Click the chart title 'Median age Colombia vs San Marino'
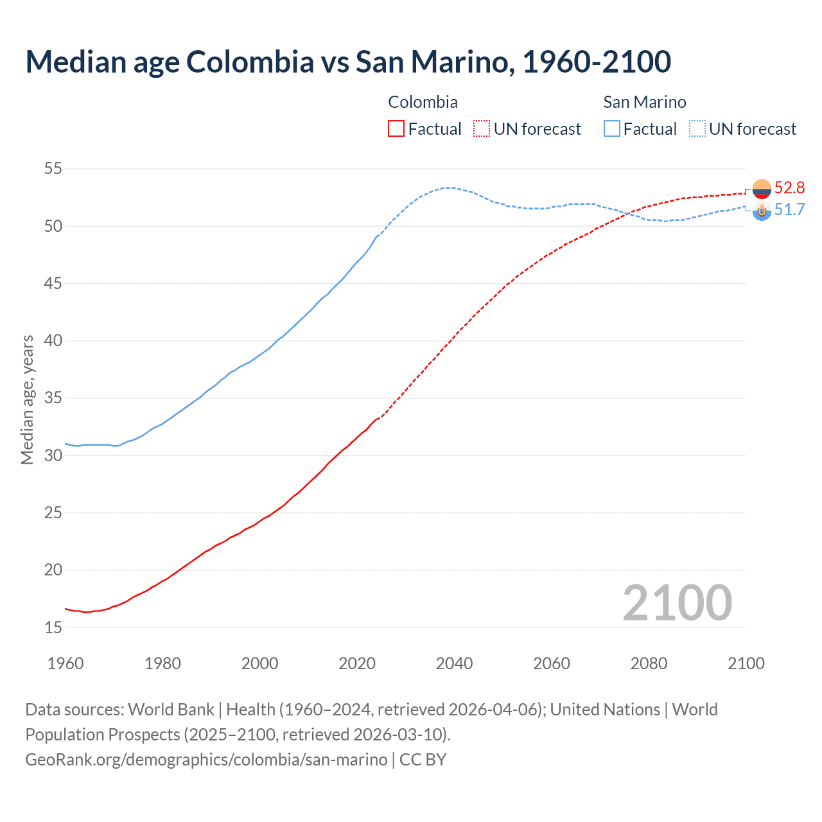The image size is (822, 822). [348, 62]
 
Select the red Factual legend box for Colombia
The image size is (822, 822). [396, 129]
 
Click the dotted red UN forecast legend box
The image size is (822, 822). [482, 129]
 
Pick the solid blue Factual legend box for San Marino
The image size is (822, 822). [612, 129]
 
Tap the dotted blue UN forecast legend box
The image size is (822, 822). [697, 129]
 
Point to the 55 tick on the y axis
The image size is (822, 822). [53, 169]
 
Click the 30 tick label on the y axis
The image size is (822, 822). [53, 455]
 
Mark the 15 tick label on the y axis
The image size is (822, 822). [53, 627]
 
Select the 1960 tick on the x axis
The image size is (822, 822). [66, 663]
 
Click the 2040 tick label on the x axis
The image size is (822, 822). [454, 663]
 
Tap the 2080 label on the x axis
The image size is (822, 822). [649, 663]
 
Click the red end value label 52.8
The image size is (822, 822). [789, 188]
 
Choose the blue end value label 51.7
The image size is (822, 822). [789, 210]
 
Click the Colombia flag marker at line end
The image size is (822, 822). [762, 189]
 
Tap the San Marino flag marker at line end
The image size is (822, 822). [762, 211]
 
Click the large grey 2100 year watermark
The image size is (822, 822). [677, 603]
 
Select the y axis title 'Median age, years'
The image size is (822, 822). [27, 399]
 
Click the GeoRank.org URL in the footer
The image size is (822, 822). [206, 760]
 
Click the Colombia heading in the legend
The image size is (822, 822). [423, 102]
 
